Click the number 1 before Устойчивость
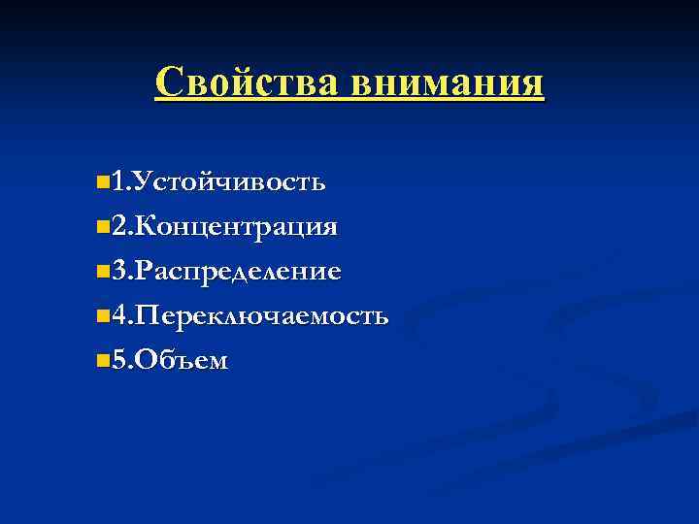point(117,181)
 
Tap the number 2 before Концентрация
point(117,227)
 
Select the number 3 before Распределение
point(117,272)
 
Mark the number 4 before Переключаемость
point(117,316)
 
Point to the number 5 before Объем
point(117,361)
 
